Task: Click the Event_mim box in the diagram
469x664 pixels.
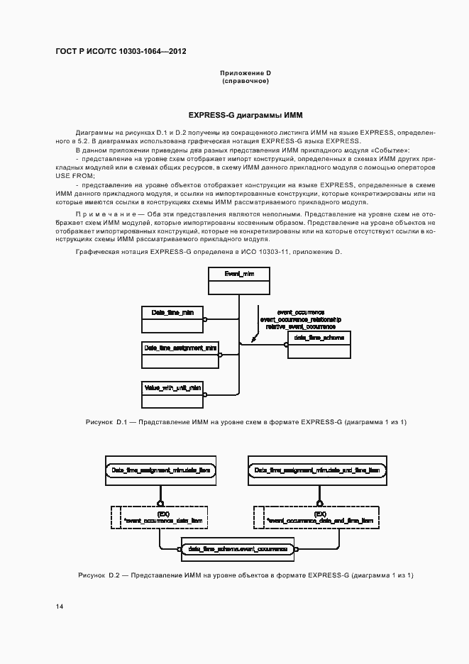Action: [x=238, y=281]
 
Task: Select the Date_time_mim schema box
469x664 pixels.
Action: [x=172, y=319]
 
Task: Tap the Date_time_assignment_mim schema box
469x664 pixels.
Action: [x=180, y=354]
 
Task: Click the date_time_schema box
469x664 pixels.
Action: [x=319, y=345]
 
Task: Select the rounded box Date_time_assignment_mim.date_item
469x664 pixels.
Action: [x=160, y=470]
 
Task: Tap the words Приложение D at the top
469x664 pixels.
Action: [x=245, y=73]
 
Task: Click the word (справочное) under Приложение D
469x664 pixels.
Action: [x=245, y=81]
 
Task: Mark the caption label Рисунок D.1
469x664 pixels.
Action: [x=105, y=423]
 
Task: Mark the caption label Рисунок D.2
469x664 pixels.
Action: [x=101, y=575]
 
